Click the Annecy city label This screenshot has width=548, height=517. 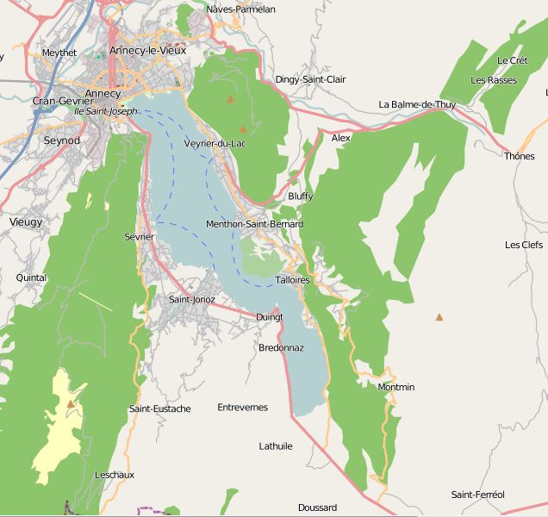(x=103, y=92)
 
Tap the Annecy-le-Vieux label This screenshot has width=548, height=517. (x=147, y=51)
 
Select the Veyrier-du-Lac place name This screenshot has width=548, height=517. (x=215, y=143)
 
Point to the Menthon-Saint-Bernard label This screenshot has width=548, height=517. (x=254, y=224)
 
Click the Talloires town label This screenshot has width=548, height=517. (x=292, y=280)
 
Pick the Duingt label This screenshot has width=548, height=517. (x=270, y=317)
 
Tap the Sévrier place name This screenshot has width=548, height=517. (x=139, y=236)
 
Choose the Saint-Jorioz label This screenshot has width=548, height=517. (x=192, y=299)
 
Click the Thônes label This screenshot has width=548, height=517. (x=519, y=156)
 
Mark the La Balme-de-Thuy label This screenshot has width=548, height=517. (x=417, y=104)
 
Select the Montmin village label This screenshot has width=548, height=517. (x=395, y=387)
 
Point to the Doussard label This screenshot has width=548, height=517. (x=317, y=508)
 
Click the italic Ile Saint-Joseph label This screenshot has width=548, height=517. (x=105, y=111)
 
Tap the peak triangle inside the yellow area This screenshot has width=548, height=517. (x=71, y=403)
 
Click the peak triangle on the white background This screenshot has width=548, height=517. (x=439, y=317)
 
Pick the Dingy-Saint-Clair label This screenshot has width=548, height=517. (x=310, y=79)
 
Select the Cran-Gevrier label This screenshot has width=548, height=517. (x=62, y=101)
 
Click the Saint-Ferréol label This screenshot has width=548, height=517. (x=477, y=494)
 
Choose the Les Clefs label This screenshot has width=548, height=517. (x=523, y=245)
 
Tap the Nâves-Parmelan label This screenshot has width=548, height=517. (x=241, y=9)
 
